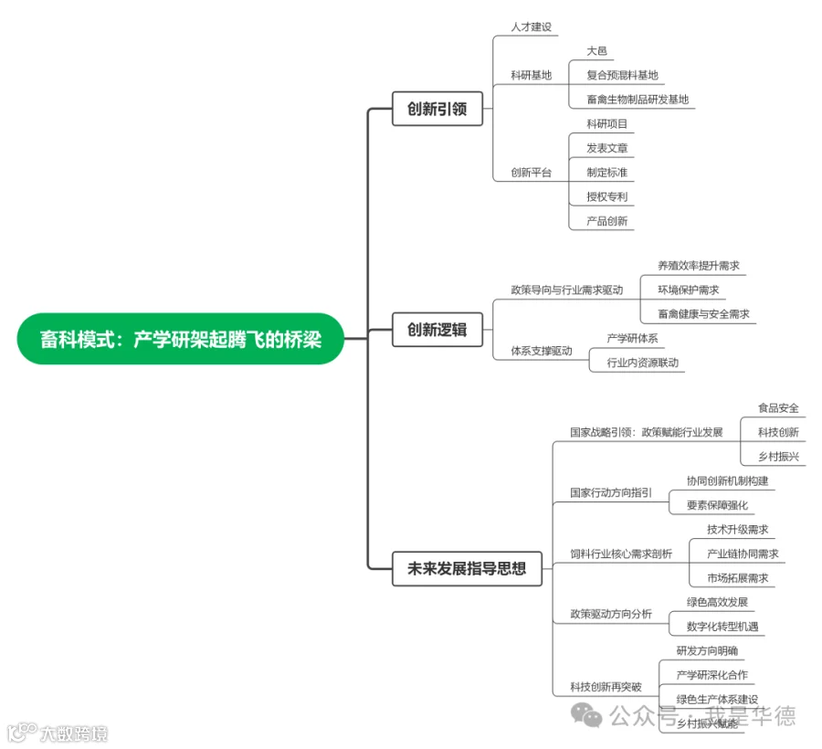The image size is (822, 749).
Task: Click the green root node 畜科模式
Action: click(x=181, y=339)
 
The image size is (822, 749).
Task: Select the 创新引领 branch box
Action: click(x=437, y=109)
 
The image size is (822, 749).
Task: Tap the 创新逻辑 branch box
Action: click(x=437, y=330)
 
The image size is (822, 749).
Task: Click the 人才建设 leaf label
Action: click(x=532, y=27)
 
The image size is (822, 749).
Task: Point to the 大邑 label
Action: click(x=597, y=51)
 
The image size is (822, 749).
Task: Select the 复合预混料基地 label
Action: click(x=622, y=75)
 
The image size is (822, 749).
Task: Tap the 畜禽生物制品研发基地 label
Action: click(x=638, y=100)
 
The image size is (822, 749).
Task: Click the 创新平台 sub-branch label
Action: click(x=532, y=173)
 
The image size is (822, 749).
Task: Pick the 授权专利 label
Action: click(x=606, y=196)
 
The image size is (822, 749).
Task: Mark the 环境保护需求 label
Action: click(x=688, y=290)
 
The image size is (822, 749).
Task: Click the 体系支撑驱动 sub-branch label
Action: click(x=542, y=351)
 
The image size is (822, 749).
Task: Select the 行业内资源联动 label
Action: click(x=643, y=363)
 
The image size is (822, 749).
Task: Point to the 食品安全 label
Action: click(x=778, y=408)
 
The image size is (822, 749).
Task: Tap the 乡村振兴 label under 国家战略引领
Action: click(x=778, y=456)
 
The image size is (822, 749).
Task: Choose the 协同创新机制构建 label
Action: click(x=727, y=480)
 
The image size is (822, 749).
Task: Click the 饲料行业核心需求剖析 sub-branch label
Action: click(x=621, y=554)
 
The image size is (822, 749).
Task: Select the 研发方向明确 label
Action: click(x=707, y=650)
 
